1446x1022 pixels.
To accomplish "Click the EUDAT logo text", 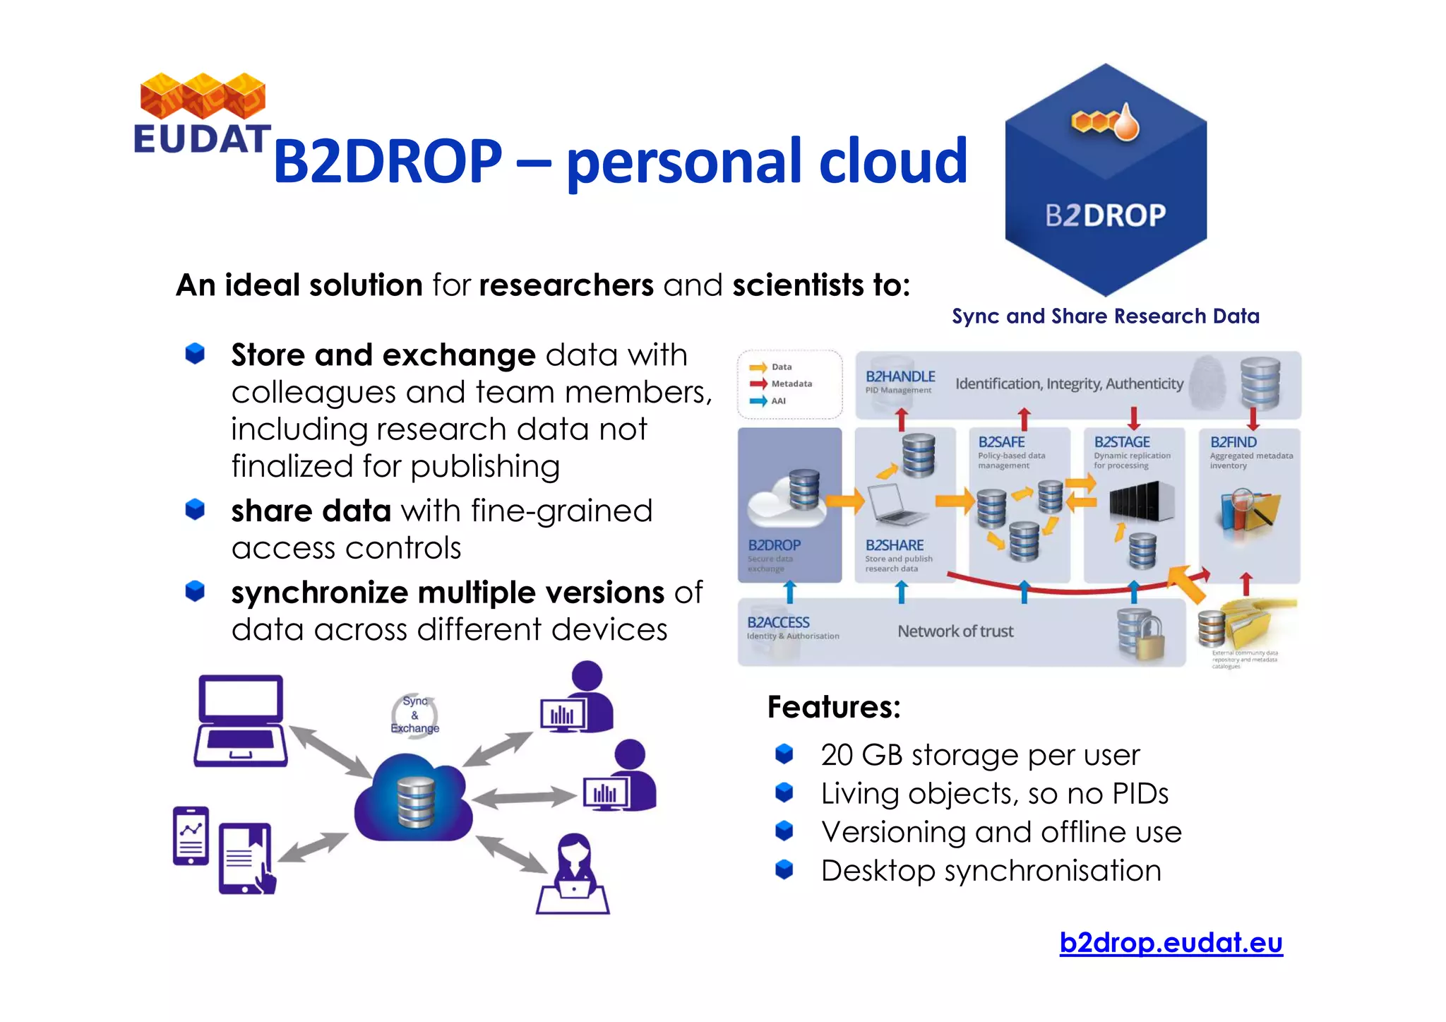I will tap(202, 138).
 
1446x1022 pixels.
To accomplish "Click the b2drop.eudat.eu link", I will tap(1171, 942).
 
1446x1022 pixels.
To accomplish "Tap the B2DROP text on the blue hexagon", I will tap(1105, 215).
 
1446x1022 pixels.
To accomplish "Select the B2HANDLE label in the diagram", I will tap(900, 376).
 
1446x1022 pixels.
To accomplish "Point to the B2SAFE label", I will tap(1001, 442).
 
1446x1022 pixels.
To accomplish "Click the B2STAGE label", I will tap(1122, 442).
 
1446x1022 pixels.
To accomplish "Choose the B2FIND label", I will tap(1233, 442).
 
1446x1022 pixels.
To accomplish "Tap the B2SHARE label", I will tap(895, 545).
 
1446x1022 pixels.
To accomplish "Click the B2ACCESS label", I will tap(778, 622).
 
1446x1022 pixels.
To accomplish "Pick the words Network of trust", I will tap(955, 631).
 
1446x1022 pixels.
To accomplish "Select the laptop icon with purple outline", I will tap(241, 721).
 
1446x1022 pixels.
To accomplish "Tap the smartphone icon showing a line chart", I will tap(191, 836).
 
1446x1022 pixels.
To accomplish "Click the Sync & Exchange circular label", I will tap(415, 715).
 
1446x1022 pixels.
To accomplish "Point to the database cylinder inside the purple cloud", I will tap(415, 802).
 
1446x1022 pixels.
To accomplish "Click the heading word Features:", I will tap(834, 707).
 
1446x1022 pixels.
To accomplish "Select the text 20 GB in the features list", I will tap(861, 755).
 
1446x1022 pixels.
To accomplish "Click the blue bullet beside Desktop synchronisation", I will tap(784, 869).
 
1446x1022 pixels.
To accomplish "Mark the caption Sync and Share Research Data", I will tap(1105, 316).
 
